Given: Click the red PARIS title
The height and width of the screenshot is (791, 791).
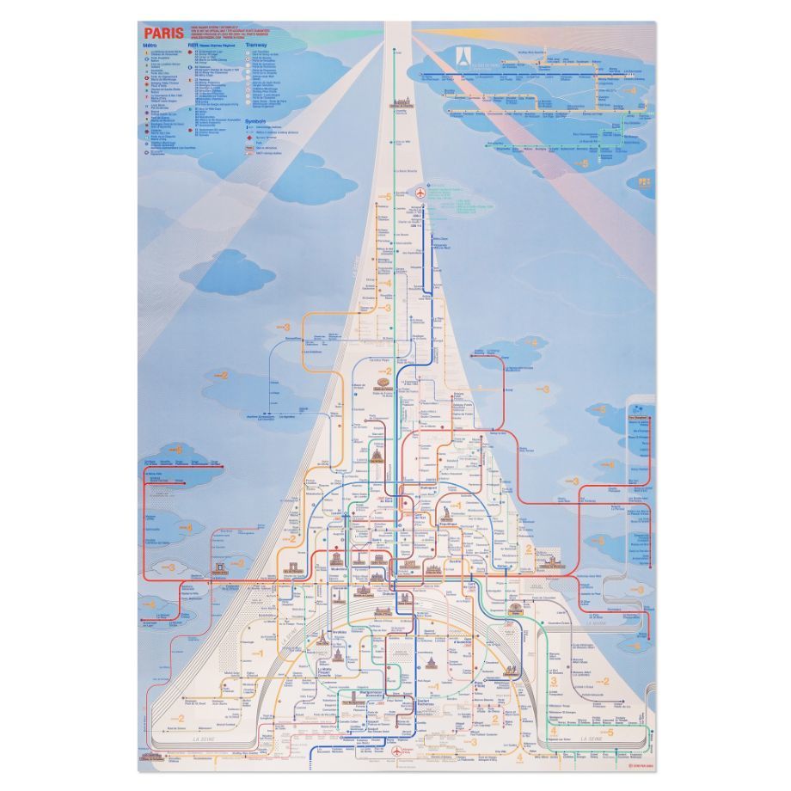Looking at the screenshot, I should [x=163, y=34].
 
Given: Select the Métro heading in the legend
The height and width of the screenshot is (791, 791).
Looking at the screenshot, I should [x=151, y=45].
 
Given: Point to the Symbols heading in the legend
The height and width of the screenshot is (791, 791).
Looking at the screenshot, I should [x=256, y=121].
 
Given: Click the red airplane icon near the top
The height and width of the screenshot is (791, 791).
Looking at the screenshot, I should [x=420, y=192].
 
